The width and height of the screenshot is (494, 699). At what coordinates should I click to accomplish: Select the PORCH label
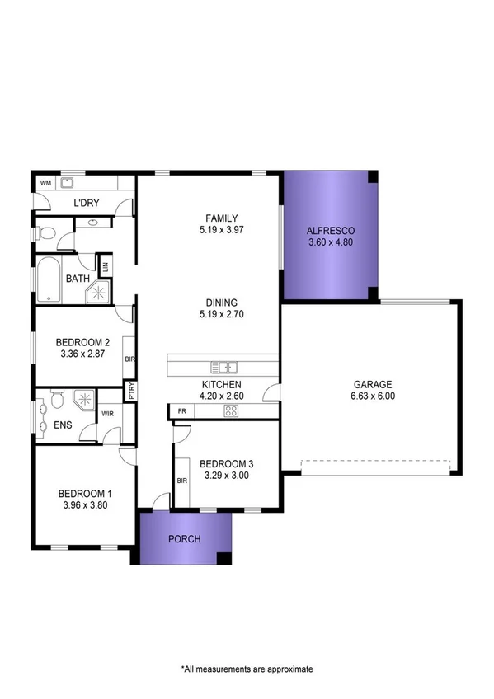pos(184,539)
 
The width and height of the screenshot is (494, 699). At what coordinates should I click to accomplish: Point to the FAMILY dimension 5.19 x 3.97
pos(223,230)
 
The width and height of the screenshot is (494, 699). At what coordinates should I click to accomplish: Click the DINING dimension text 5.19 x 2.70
pos(223,314)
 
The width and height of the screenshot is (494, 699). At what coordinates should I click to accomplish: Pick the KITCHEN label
pos(221,385)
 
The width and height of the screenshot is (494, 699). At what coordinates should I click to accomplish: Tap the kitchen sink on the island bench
pos(223,367)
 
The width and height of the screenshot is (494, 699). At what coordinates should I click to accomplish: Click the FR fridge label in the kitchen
pos(181,410)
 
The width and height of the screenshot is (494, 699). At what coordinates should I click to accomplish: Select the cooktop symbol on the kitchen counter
pos(228,410)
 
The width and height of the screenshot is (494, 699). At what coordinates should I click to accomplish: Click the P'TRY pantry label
pos(130,390)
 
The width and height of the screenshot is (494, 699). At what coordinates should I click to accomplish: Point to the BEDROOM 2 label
pos(82,343)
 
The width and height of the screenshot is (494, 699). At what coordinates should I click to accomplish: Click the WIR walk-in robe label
pos(107,415)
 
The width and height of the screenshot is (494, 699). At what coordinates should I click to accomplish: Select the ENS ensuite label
pos(63,425)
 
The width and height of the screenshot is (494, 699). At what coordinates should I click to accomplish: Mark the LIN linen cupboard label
pos(105,267)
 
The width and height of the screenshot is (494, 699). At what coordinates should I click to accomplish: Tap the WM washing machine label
pos(45,184)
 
